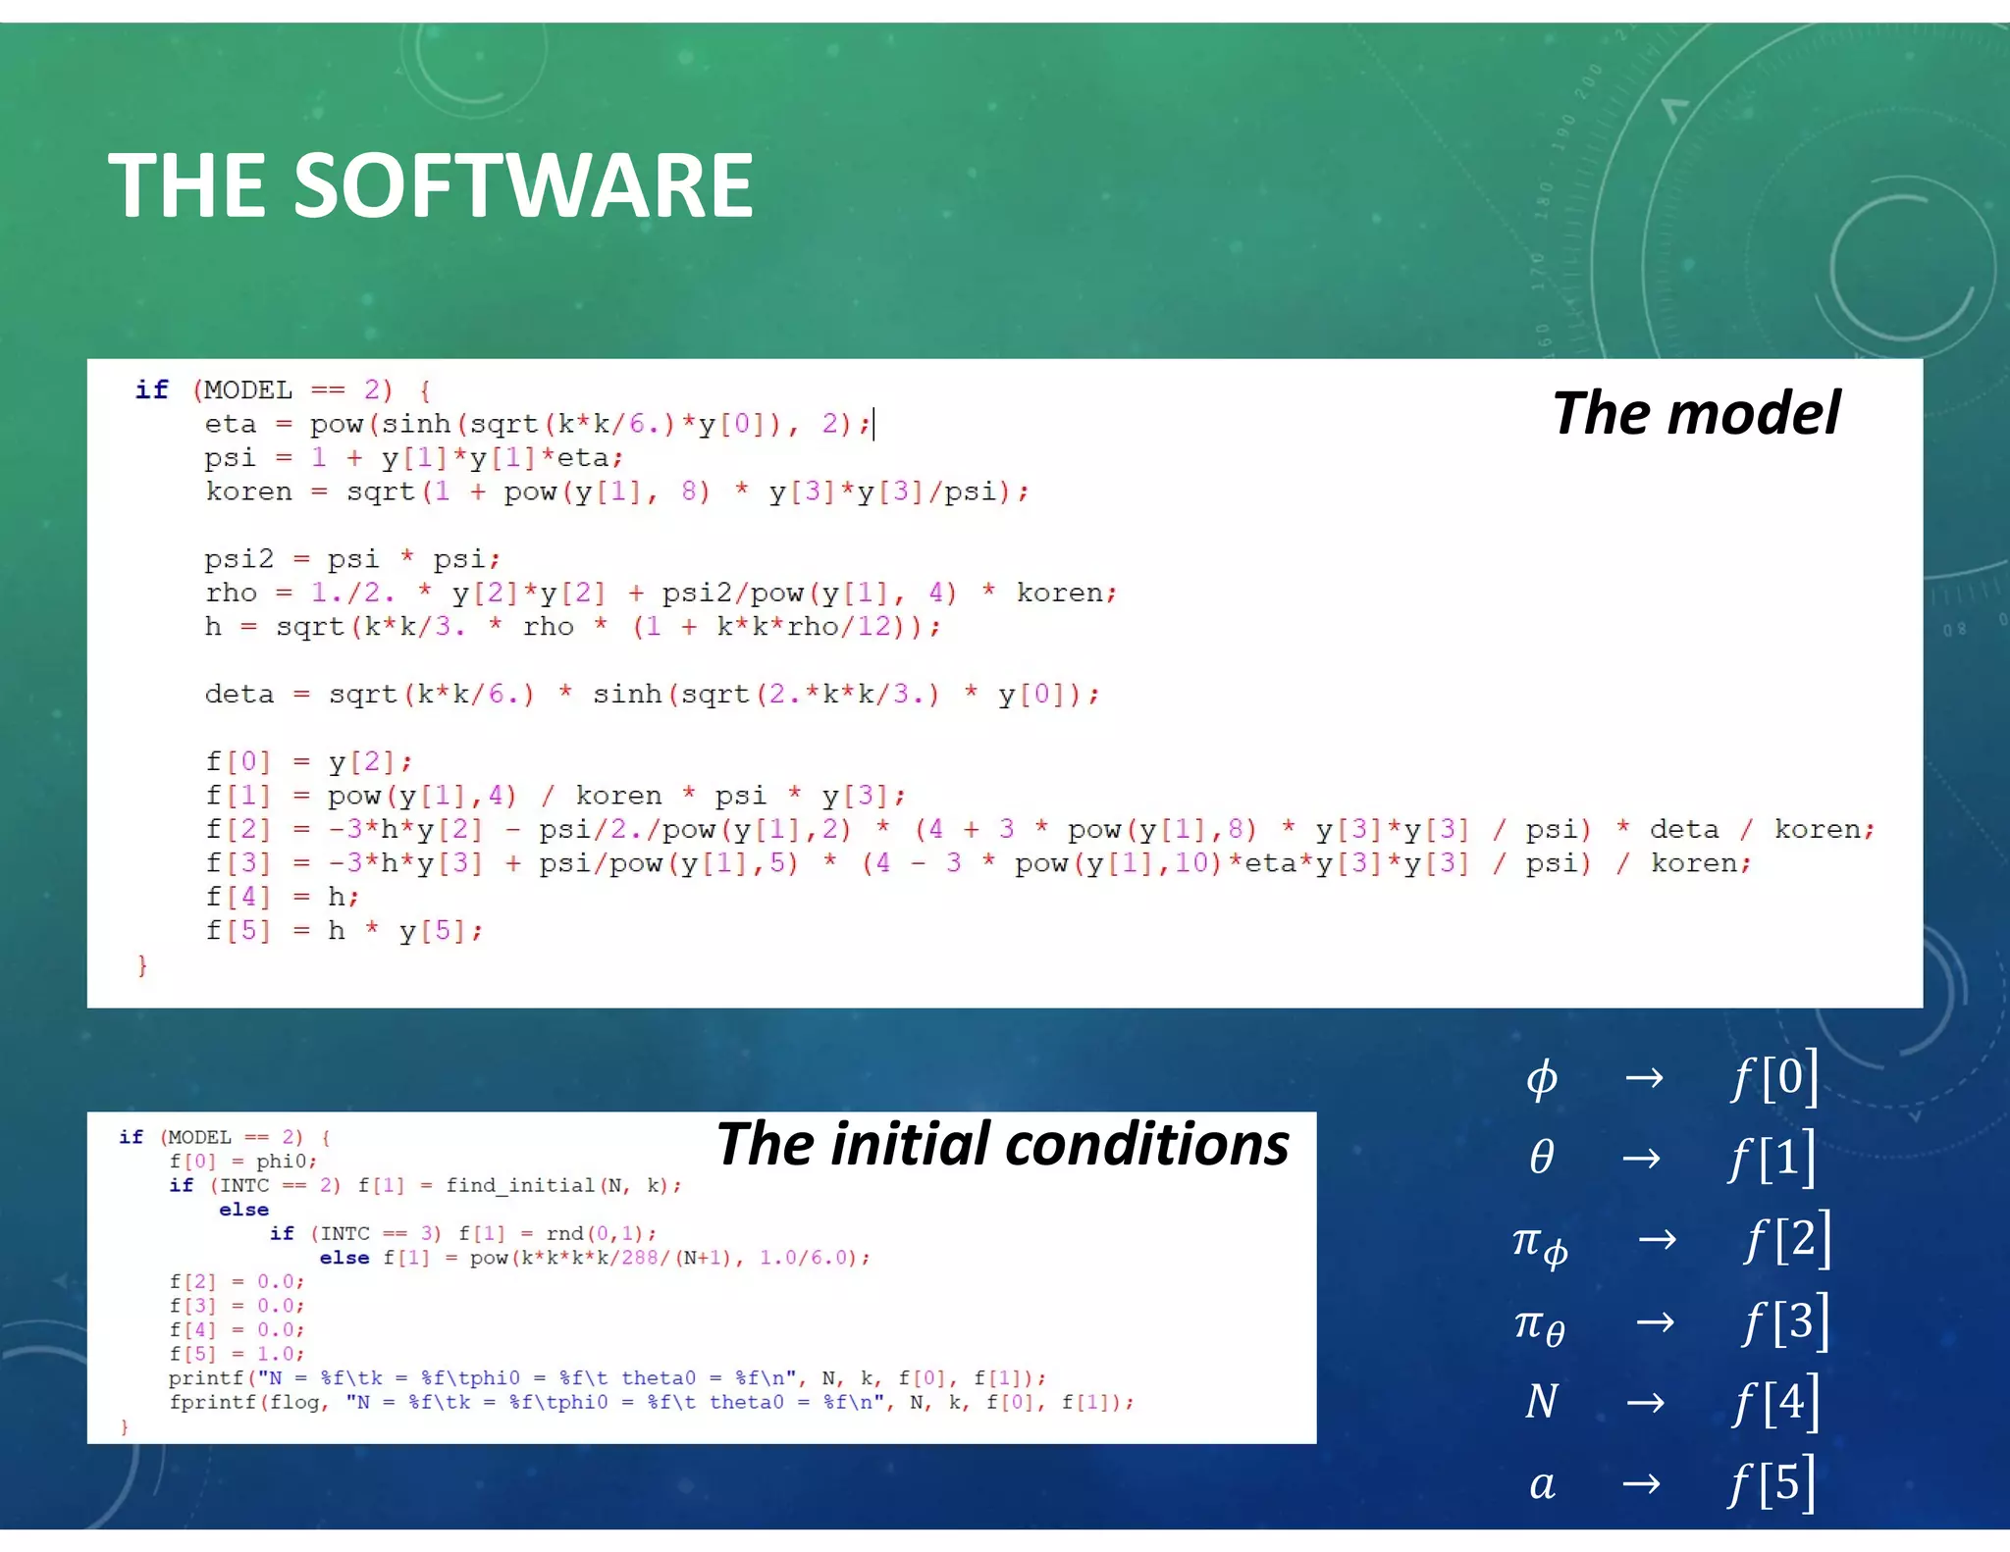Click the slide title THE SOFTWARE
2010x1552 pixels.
click(430, 185)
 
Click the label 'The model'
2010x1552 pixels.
click(1695, 413)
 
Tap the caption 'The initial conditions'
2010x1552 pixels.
click(1002, 1144)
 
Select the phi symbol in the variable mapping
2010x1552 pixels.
click(1541, 1079)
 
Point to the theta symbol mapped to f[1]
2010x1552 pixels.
click(1541, 1159)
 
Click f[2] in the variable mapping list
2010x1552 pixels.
click(1786, 1239)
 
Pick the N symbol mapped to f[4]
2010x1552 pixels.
click(1541, 1401)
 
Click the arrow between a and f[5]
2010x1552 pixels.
click(1642, 1482)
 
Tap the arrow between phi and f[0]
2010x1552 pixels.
click(1644, 1078)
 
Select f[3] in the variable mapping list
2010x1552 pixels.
click(1785, 1320)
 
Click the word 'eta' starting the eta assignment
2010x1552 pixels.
click(230, 425)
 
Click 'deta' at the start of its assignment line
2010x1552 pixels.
click(238, 695)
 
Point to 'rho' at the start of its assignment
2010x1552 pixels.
click(231, 594)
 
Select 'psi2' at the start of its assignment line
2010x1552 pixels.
click(238, 559)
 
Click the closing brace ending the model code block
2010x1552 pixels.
click(142, 966)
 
